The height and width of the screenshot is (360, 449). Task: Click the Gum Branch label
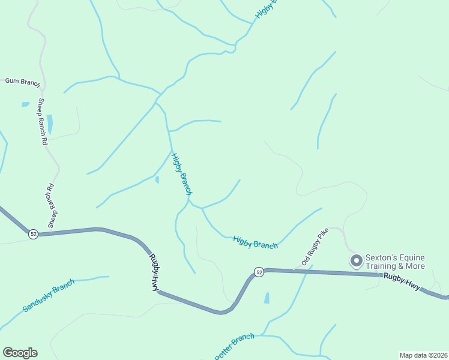(22, 81)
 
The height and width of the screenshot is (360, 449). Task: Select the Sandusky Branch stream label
(49, 295)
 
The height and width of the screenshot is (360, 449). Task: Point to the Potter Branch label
(235, 346)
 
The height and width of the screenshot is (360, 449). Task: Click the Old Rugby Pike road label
(316, 248)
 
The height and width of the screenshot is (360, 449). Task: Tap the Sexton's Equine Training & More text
(396, 262)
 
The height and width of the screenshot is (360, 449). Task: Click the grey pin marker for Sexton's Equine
(356, 260)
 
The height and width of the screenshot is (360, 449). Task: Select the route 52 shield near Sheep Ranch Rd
(34, 234)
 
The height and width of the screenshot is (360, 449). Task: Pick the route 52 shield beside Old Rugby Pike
(259, 272)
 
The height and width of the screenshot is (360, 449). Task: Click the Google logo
(20, 353)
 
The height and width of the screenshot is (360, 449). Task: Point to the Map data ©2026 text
(423, 355)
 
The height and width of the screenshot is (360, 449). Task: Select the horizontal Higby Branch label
(255, 242)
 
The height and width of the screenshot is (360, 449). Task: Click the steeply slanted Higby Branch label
(181, 174)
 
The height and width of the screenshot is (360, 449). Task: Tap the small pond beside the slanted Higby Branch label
(157, 179)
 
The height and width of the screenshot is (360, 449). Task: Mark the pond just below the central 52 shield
(267, 298)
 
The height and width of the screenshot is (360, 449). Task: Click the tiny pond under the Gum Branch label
(25, 104)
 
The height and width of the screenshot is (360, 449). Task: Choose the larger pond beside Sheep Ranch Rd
(50, 124)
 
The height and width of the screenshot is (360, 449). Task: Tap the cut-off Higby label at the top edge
(267, 8)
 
